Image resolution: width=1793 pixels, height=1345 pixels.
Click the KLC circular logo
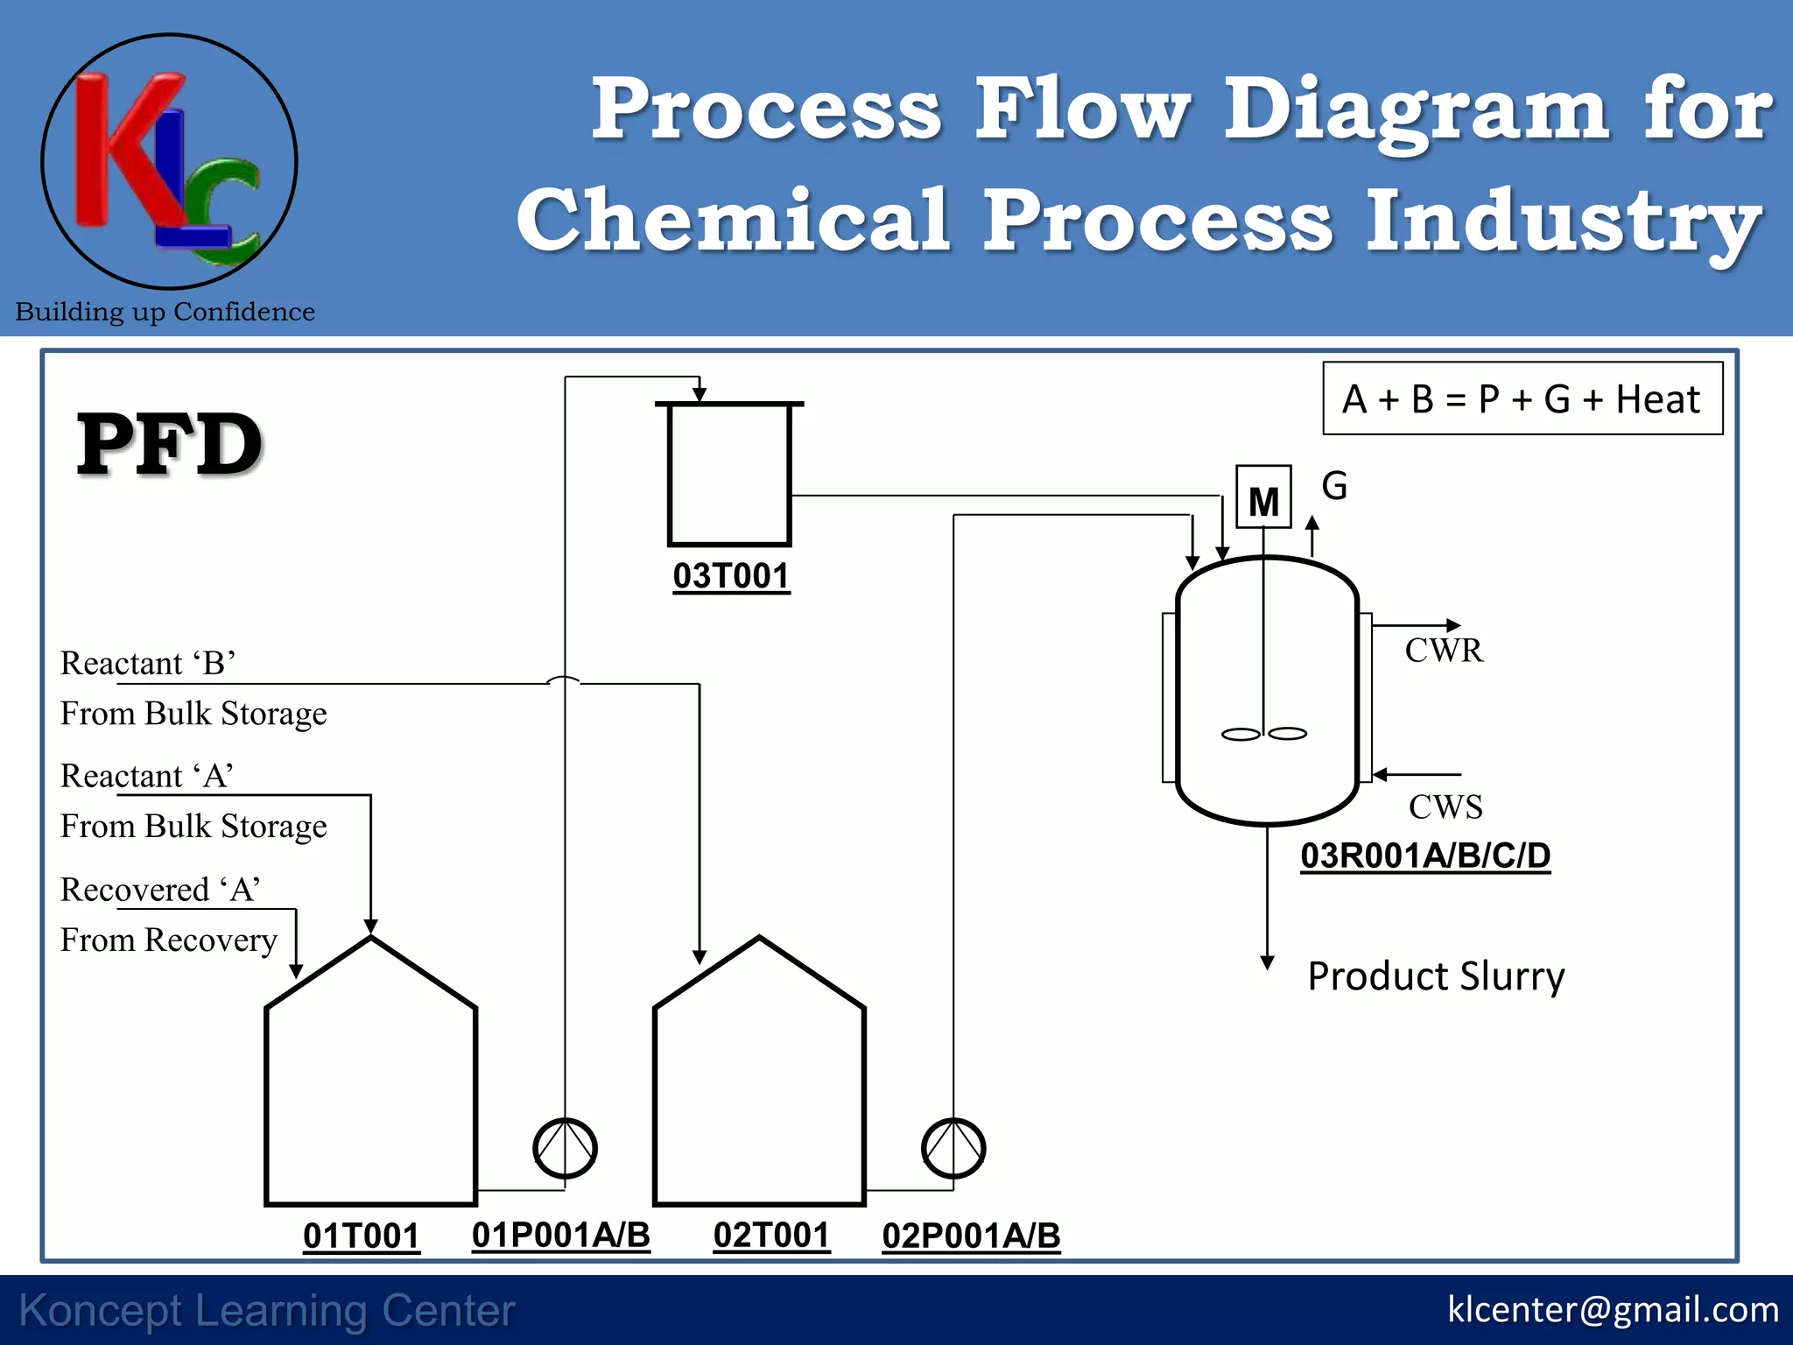[x=169, y=162]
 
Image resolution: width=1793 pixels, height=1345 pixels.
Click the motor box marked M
[x=1262, y=497]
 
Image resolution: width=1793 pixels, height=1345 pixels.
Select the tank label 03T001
[x=731, y=576]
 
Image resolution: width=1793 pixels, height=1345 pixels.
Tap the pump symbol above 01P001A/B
[x=565, y=1148]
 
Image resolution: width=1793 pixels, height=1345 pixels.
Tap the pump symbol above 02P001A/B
[x=953, y=1148]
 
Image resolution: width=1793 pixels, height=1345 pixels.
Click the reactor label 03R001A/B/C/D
[x=1424, y=856]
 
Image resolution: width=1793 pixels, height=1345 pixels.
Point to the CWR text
[x=1444, y=651]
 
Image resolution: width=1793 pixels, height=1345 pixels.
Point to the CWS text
[x=1445, y=806]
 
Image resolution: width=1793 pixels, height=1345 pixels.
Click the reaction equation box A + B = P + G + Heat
[x=1522, y=399]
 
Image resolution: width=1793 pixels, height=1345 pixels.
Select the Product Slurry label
[x=1435, y=975]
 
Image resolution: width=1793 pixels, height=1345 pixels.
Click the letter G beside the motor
[x=1334, y=486]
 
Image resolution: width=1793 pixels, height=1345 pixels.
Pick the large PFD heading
[x=170, y=445]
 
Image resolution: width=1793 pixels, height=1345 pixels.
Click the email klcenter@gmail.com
[x=1612, y=1310]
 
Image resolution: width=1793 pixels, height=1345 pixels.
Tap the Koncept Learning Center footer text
[x=267, y=1311]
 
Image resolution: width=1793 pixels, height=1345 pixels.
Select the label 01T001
[x=361, y=1236]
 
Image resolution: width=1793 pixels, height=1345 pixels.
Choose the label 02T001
[x=770, y=1236]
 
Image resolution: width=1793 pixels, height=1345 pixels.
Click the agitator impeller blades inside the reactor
[x=1263, y=734]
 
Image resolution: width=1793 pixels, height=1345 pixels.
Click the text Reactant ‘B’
[x=147, y=663]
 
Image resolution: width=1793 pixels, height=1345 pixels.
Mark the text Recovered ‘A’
[x=160, y=890]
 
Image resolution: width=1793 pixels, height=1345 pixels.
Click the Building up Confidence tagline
[x=165, y=312]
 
